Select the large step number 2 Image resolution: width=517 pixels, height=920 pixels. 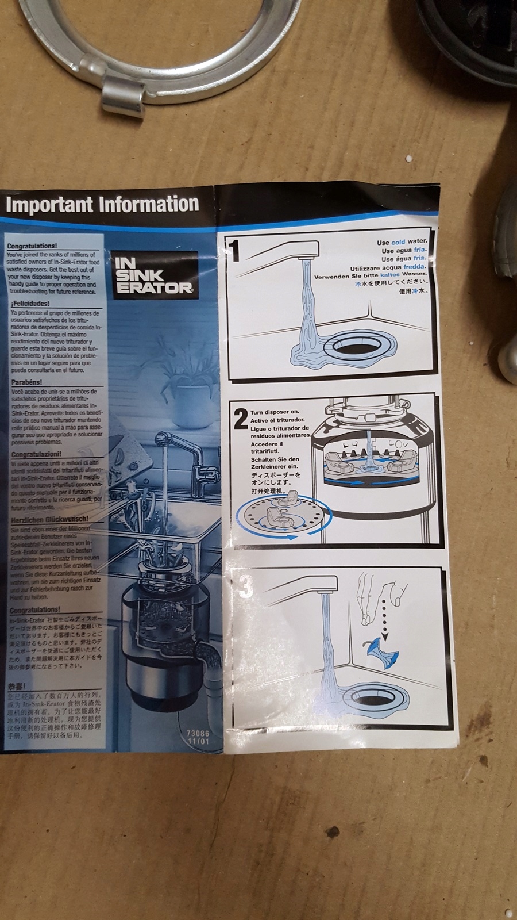[x=240, y=419]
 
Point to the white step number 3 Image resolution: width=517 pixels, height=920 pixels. [x=246, y=586]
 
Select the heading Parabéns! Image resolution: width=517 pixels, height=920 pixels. [x=27, y=382]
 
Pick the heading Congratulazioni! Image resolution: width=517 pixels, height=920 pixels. [x=37, y=454]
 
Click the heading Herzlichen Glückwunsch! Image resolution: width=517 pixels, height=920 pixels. [x=50, y=519]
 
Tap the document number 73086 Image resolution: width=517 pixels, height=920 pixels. [x=198, y=734]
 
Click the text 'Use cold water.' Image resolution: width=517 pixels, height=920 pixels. [x=402, y=242]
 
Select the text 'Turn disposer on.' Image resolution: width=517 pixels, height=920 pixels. [x=275, y=412]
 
